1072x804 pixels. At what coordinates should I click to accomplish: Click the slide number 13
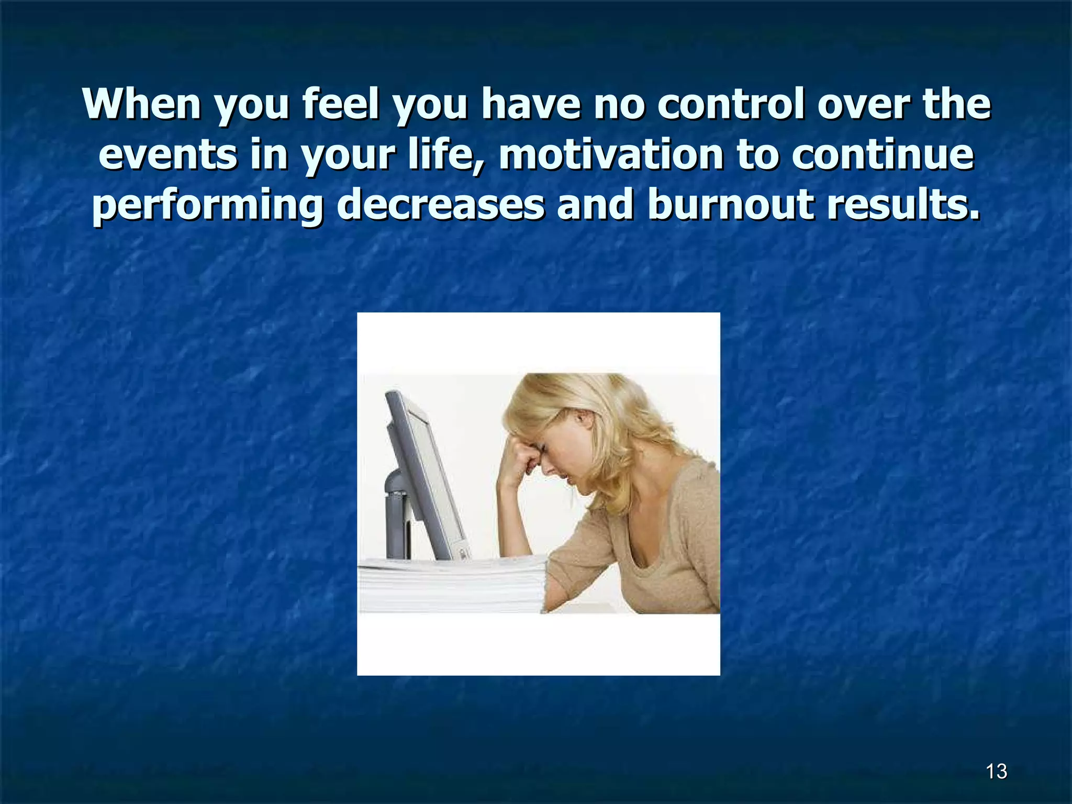pos(996,771)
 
